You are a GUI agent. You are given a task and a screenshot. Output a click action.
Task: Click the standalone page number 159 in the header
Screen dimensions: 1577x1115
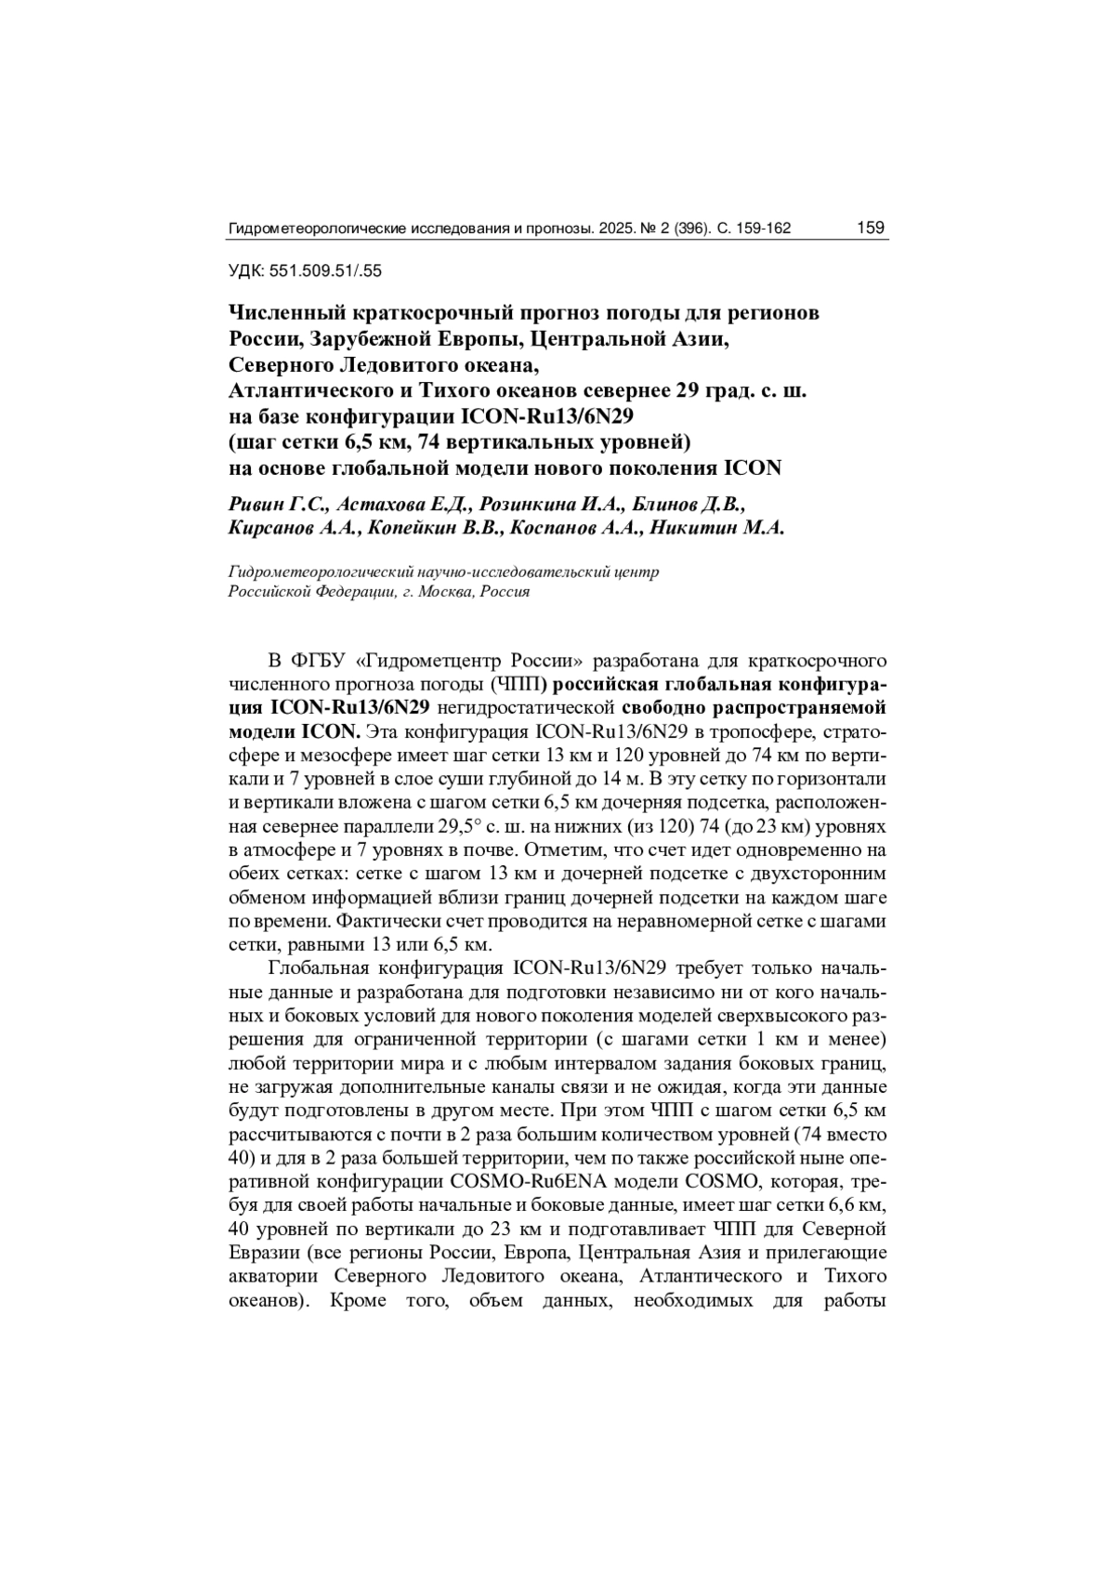[870, 228]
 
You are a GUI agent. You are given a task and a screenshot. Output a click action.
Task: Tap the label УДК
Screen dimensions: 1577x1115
[245, 271]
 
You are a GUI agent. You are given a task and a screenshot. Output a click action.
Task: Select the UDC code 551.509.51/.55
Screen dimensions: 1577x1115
[325, 271]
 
